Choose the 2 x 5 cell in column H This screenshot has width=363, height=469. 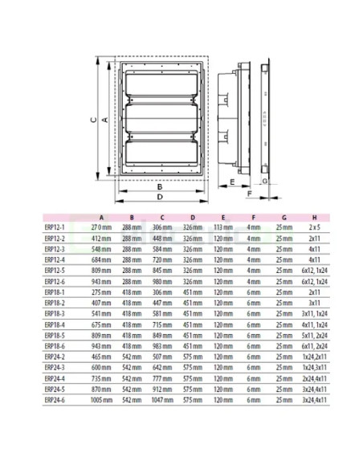coord(312,227)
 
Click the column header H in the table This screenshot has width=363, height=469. coord(313,217)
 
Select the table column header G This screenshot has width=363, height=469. coord(283,217)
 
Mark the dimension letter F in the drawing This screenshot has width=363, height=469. coord(250,194)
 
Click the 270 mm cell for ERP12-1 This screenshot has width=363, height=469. coord(100,227)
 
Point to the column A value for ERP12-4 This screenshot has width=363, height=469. coord(100,259)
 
